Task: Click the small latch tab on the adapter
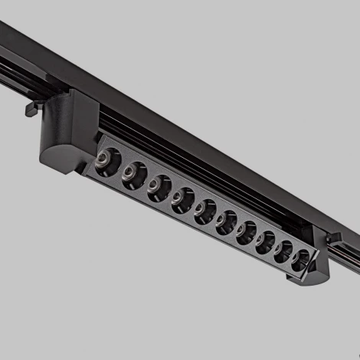pos(31,107)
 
